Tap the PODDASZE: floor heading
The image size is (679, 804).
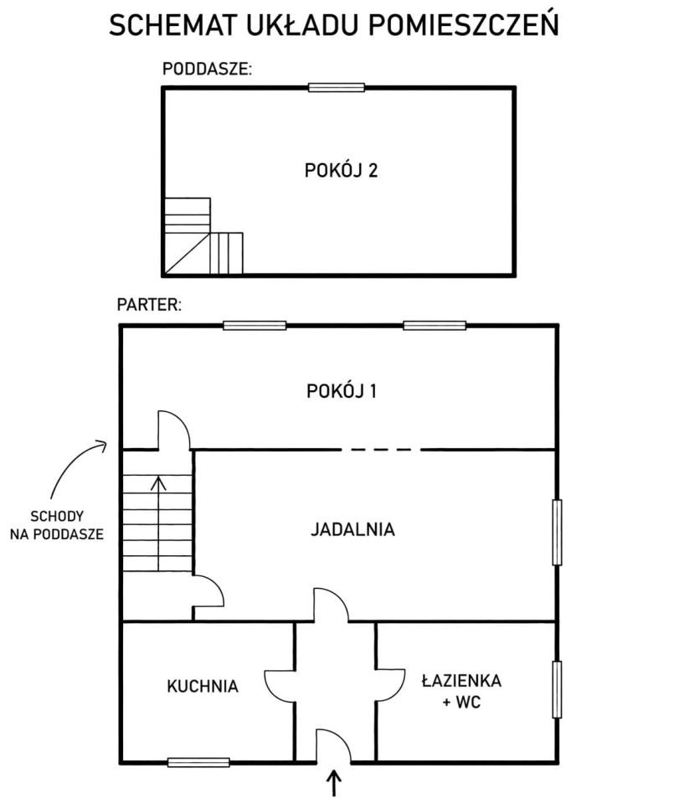(207, 69)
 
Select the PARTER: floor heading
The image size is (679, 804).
(149, 305)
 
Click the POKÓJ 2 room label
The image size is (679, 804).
(341, 170)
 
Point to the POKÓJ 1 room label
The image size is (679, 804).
(342, 391)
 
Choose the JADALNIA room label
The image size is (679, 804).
(352, 529)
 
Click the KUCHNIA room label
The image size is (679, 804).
(203, 686)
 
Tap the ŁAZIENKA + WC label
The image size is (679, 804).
(461, 691)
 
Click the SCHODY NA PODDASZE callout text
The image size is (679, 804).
(56, 525)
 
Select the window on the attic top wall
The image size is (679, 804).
(337, 88)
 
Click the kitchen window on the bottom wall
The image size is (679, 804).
(198, 762)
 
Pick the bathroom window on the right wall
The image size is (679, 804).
(557, 689)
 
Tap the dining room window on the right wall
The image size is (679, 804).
(557, 533)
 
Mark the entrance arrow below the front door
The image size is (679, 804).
(334, 782)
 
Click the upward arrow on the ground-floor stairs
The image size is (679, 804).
(158, 523)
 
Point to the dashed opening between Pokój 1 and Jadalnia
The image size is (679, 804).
(381, 450)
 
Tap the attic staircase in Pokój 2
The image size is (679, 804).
(203, 236)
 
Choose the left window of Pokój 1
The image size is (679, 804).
(255, 326)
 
